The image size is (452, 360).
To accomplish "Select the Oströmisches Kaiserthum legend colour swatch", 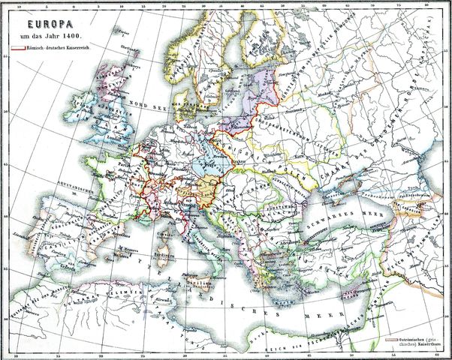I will point(391,339).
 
